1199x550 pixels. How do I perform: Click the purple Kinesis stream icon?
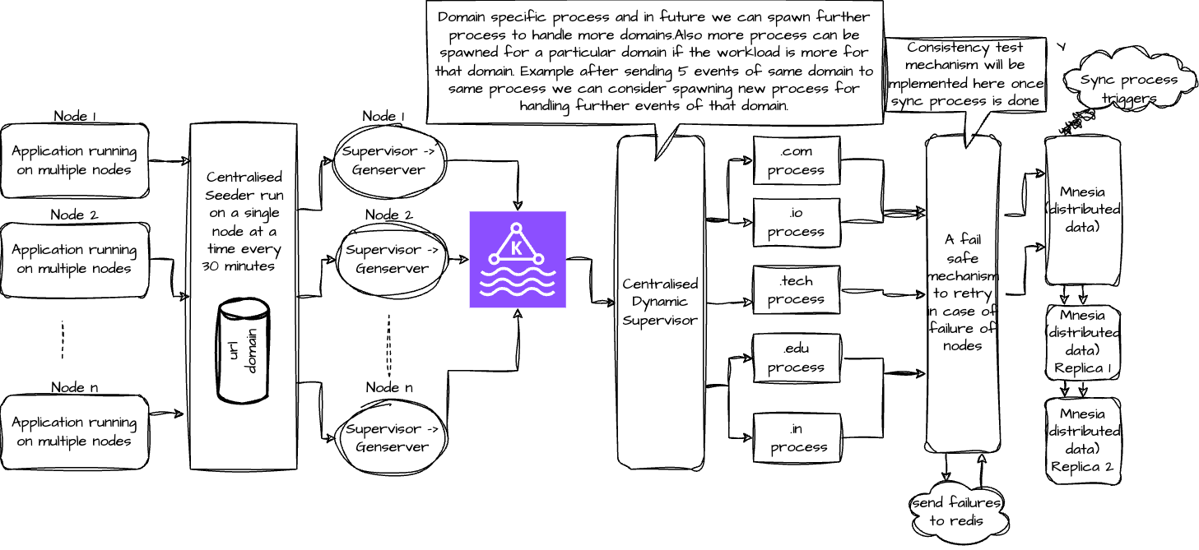pyautogui.click(x=518, y=259)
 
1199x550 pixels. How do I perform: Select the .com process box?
pyautogui.click(x=796, y=160)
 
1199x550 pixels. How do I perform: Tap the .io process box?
pyautogui.click(x=796, y=223)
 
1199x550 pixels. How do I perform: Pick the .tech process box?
pyautogui.click(x=796, y=290)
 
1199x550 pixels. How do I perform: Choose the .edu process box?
pyautogui.click(x=796, y=358)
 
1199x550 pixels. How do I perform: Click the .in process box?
pyautogui.click(x=796, y=438)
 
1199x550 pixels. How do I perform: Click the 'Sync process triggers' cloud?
pyautogui.click(x=1128, y=89)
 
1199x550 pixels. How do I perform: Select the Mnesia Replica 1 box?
pyautogui.click(x=1082, y=341)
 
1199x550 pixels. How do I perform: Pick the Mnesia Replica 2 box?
pyautogui.click(x=1082, y=440)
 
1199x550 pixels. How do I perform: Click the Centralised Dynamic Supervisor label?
pyautogui.click(x=660, y=302)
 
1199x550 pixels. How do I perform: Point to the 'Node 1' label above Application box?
pyautogui.click(x=75, y=116)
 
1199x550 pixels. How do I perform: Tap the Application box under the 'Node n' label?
pyautogui.click(x=75, y=432)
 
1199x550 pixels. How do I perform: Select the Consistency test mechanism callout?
pyautogui.click(x=965, y=74)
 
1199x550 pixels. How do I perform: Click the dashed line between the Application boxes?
pyautogui.click(x=63, y=339)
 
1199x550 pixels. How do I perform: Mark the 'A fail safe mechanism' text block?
pyautogui.click(x=963, y=292)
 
